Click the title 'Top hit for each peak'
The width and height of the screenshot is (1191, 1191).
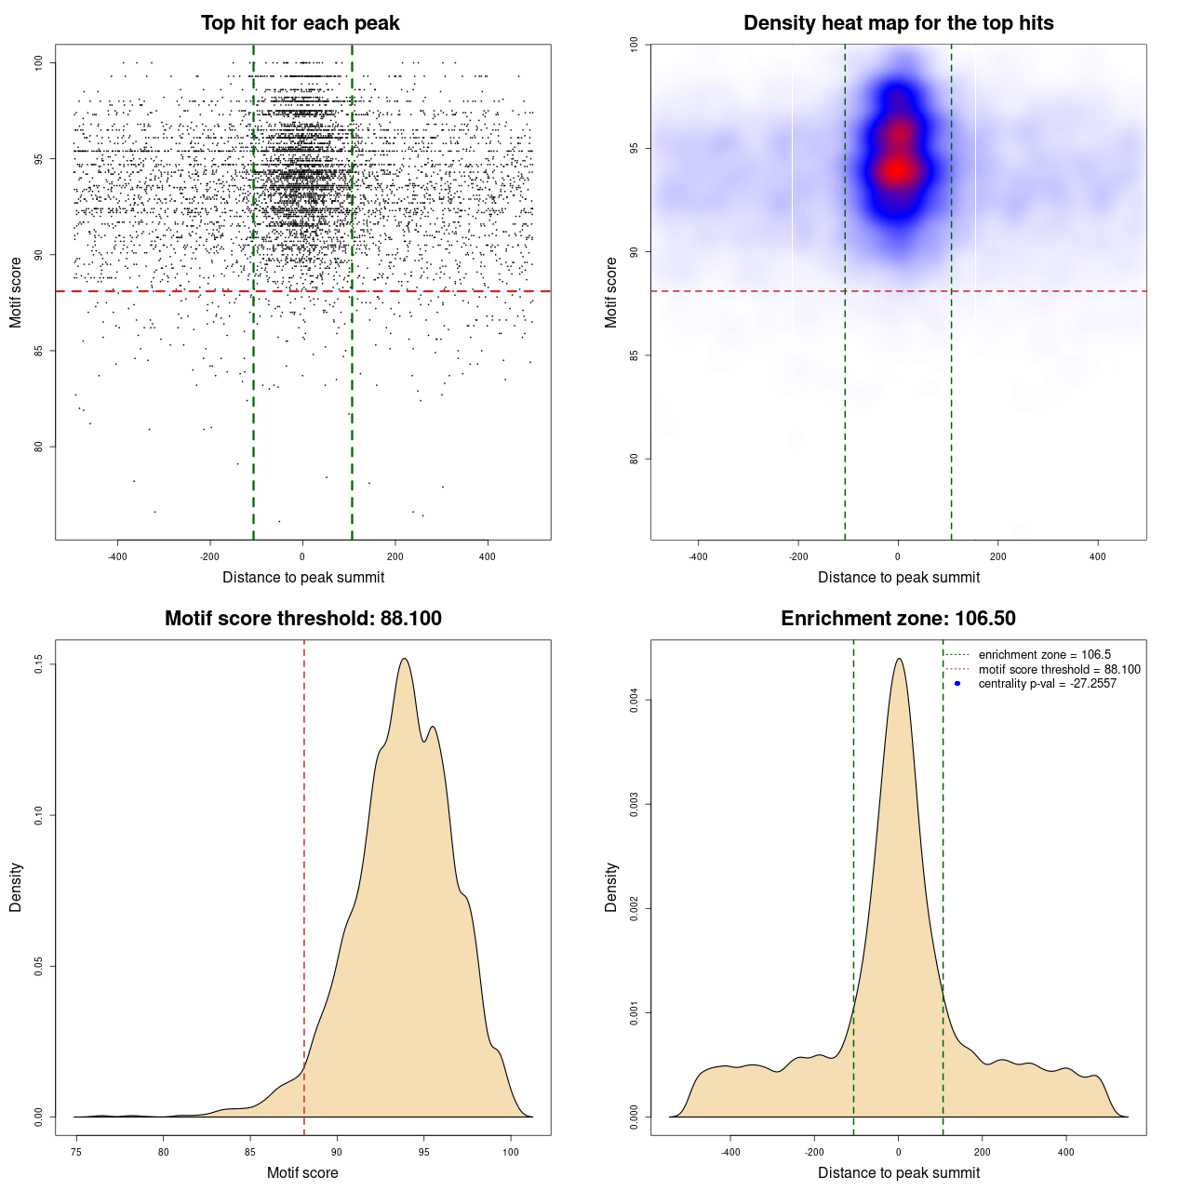(301, 23)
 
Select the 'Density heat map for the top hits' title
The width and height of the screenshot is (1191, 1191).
(898, 23)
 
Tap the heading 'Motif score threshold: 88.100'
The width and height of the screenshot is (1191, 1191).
(302, 619)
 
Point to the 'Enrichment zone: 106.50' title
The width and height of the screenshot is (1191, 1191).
(898, 619)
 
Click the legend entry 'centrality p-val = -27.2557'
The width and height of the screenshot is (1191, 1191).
(1047, 684)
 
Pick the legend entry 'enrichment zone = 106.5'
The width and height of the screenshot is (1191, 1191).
(1044, 655)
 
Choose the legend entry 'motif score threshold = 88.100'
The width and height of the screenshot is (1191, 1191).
(1059, 670)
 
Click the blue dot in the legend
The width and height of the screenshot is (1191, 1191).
(957, 684)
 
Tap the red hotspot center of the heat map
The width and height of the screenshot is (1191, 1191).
(897, 169)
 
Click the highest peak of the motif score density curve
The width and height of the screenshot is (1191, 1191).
(405, 659)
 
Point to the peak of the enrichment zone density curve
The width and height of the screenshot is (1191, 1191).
(899, 659)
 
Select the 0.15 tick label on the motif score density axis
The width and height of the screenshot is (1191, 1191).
(38, 663)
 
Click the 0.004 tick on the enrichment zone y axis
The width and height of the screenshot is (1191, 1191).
(634, 700)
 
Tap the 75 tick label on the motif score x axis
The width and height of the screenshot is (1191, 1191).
(76, 1152)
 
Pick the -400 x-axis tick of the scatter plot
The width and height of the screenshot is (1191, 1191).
(117, 556)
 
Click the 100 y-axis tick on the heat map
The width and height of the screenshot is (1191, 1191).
(634, 45)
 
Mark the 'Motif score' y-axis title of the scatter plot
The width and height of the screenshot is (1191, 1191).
(16, 292)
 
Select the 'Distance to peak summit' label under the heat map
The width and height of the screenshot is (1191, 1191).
(898, 578)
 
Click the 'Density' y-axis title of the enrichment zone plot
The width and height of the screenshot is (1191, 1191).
(611, 887)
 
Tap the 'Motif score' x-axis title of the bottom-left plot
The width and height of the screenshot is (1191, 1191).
(302, 1172)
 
